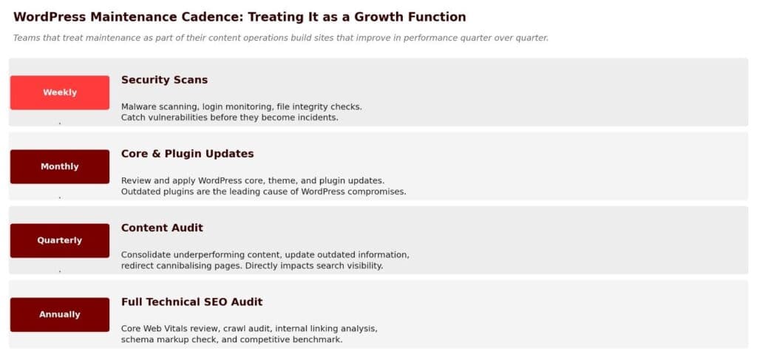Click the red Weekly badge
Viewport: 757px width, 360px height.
(x=60, y=92)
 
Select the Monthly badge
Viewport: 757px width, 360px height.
(x=60, y=166)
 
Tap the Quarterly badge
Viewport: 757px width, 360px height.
(x=60, y=240)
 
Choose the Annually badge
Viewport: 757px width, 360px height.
(x=60, y=315)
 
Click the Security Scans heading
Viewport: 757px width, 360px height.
(x=164, y=80)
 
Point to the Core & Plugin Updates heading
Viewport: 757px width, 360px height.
(x=187, y=154)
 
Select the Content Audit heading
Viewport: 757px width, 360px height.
(x=162, y=228)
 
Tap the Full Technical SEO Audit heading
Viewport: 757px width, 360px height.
(x=191, y=302)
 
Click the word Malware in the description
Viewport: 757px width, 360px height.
(x=138, y=106)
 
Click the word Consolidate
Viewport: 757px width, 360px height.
(x=146, y=254)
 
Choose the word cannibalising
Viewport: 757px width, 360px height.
(x=194, y=266)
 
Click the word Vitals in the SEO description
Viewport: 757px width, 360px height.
(x=176, y=329)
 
